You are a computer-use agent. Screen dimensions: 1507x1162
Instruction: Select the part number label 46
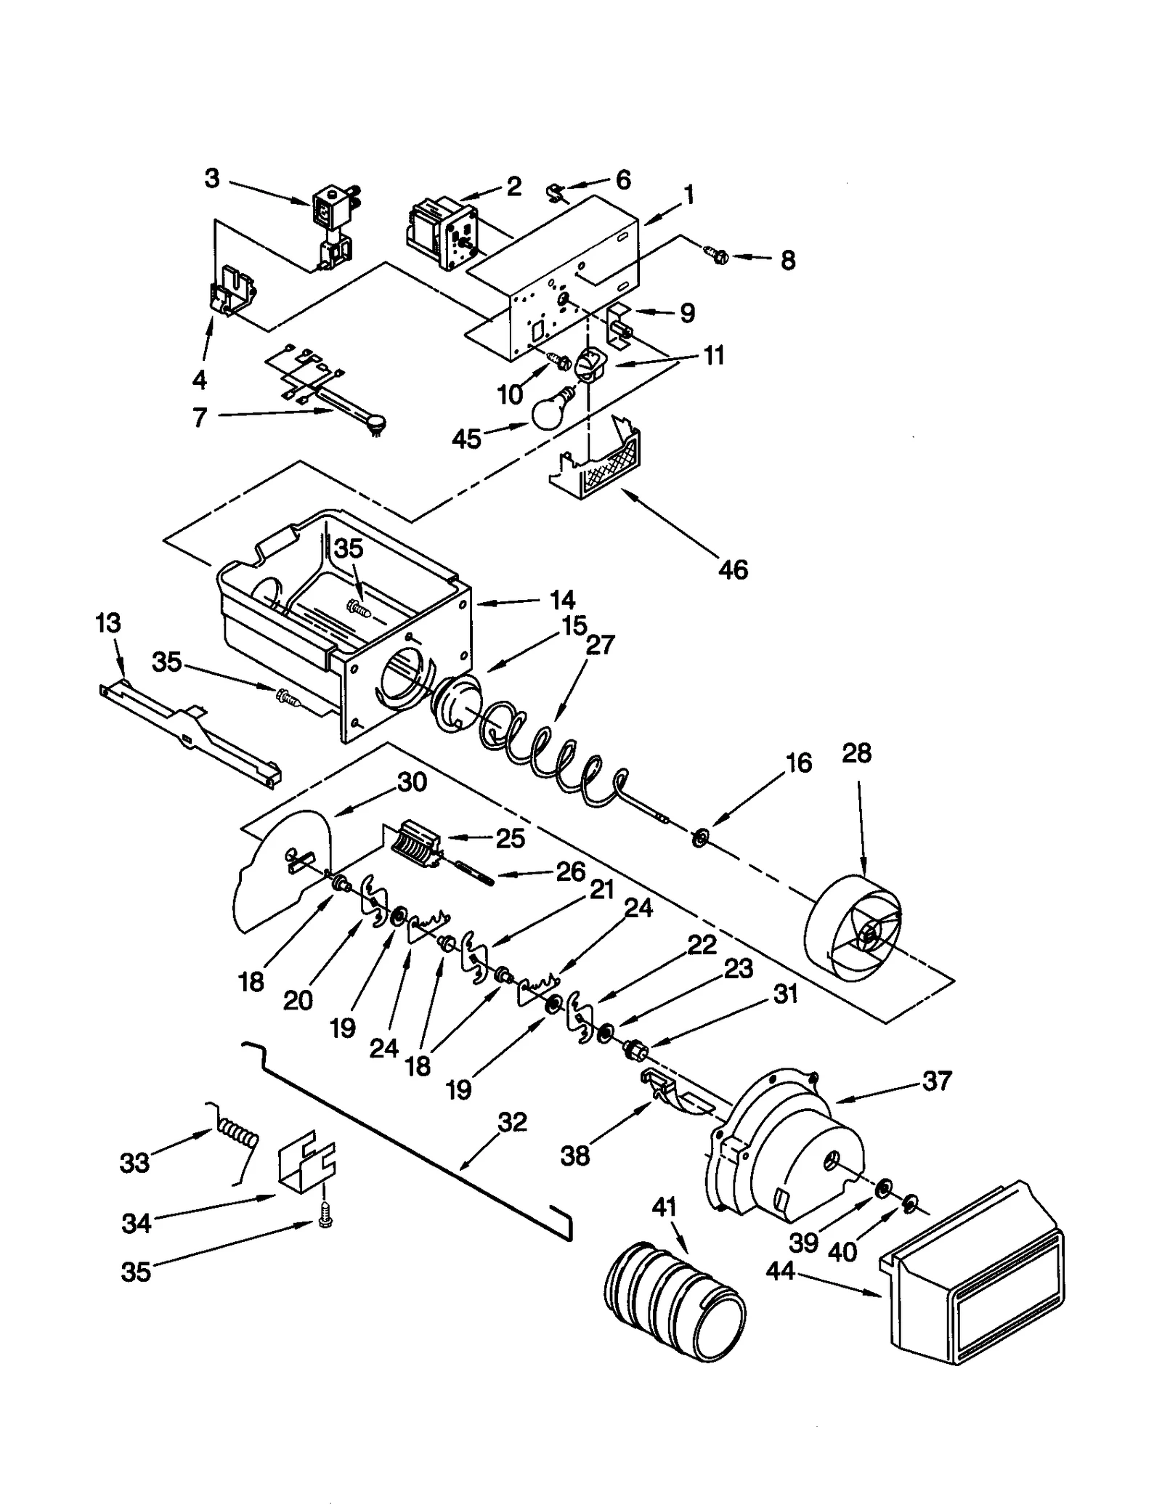[732, 569]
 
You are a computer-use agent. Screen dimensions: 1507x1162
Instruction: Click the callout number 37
[936, 1081]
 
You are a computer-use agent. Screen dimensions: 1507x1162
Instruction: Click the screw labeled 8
[716, 255]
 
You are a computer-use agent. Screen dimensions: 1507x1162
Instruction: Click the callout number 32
[512, 1122]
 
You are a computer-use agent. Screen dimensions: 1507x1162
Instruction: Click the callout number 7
[200, 418]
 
